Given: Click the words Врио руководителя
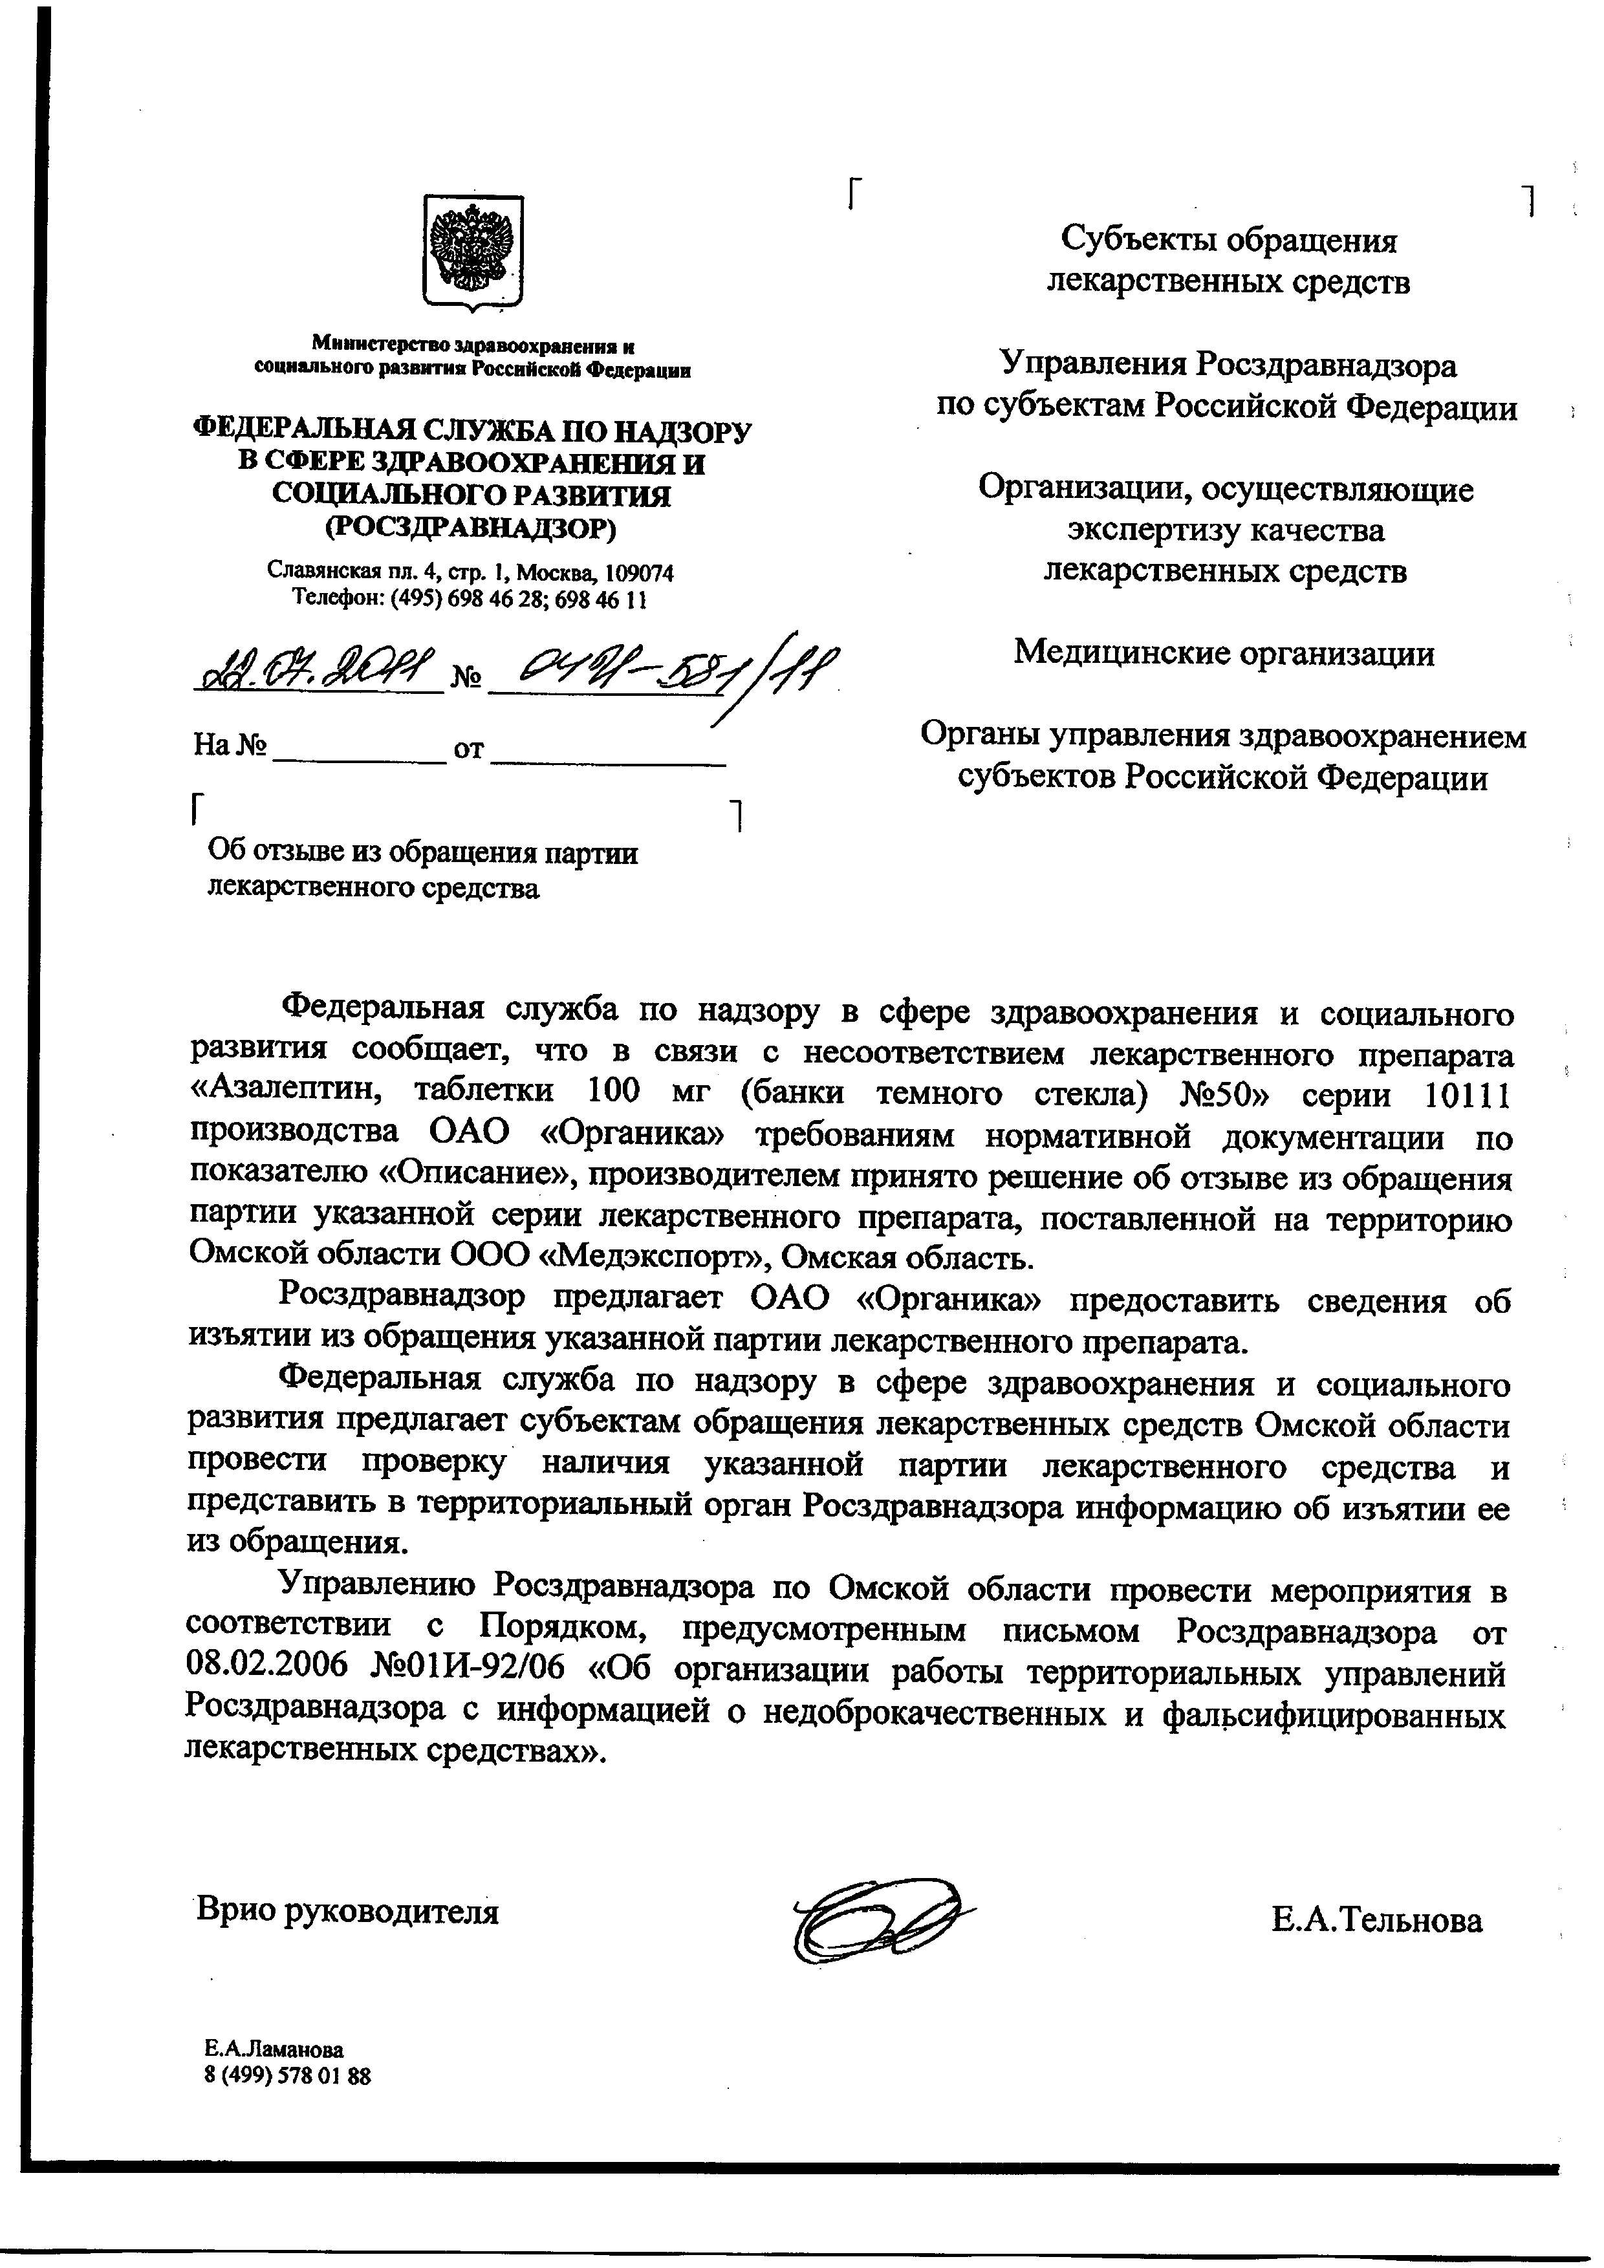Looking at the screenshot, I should pos(348,1910).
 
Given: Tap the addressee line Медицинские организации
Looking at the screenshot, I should pos(1225,653).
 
